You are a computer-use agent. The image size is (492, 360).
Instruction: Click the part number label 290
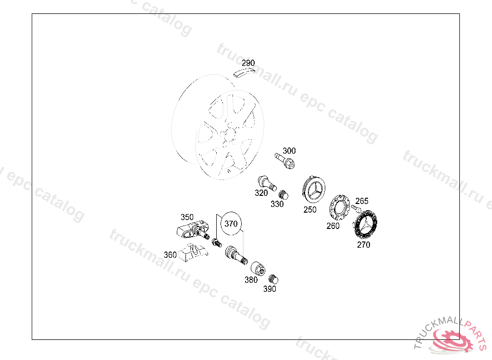[248, 63]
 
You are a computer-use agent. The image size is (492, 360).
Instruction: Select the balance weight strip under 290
[244, 73]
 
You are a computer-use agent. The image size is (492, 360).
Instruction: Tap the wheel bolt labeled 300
[285, 160]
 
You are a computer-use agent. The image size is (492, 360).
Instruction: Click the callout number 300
[289, 151]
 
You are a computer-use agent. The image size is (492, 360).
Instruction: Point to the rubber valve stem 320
[267, 183]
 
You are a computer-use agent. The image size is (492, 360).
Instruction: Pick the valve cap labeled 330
[283, 195]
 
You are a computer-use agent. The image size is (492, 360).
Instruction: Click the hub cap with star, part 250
[314, 190]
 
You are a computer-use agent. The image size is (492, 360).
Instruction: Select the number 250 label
[310, 210]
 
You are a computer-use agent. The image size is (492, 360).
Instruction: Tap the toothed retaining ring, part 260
[339, 207]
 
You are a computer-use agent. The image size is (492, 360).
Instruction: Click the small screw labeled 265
[356, 208]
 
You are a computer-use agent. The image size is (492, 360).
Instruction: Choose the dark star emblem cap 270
[365, 225]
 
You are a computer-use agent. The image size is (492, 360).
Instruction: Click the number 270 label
[363, 245]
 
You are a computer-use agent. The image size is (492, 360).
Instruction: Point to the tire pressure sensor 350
[193, 231]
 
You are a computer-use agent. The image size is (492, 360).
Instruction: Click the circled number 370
[231, 224]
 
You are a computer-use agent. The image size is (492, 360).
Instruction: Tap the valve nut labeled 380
[258, 268]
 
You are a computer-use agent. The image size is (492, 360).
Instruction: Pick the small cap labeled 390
[273, 279]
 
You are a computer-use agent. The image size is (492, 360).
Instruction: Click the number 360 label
[170, 255]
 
